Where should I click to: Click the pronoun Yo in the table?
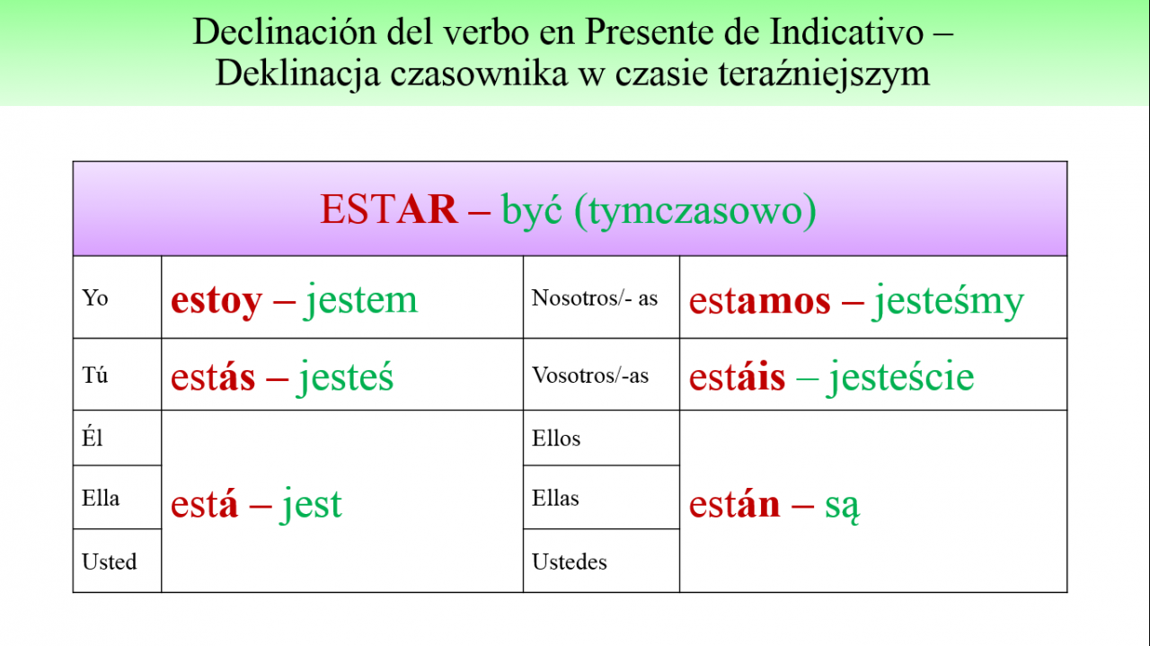95,297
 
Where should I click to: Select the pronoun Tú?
95,375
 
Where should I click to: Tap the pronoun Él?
93,438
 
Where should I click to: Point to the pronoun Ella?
101,498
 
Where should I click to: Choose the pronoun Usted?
110,562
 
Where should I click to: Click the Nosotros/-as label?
595,297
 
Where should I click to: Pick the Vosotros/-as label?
590,375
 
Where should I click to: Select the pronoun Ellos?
556,438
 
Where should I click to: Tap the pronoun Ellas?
555,498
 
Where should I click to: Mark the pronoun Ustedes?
570,562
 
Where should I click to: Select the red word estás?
213,376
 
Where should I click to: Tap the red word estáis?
738,376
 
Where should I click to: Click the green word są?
842,507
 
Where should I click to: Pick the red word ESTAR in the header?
389,209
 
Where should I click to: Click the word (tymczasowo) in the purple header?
695,211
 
